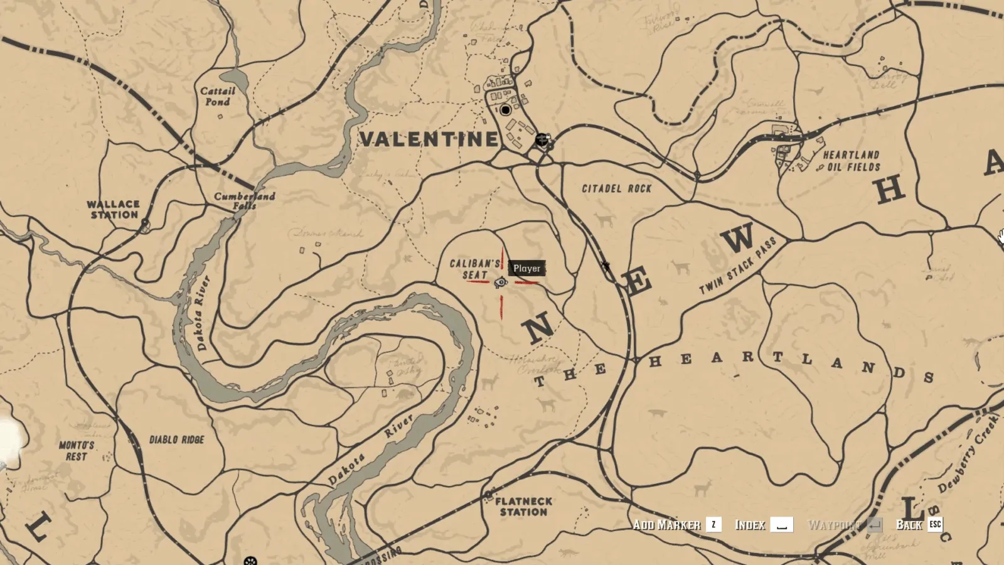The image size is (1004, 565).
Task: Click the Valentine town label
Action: pos(429,139)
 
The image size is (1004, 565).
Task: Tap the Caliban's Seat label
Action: pos(475,269)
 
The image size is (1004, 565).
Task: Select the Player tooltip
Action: pos(526,268)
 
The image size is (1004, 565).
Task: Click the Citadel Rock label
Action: pos(616,188)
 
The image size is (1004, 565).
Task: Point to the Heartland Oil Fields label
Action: pos(852,161)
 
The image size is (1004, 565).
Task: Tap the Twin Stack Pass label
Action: pos(738,266)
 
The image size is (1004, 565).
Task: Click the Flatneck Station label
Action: pos(523,507)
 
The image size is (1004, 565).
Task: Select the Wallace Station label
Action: pos(113,210)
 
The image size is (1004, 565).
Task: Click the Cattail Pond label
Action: pos(218,96)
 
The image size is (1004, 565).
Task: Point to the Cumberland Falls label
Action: pos(244,200)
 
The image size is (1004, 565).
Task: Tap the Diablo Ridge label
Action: pos(176,439)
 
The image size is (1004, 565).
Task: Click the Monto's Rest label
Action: pos(77,451)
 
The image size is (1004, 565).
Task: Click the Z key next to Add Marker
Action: pos(713,525)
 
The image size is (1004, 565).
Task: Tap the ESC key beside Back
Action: pos(935,524)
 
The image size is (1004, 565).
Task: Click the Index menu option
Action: pos(750,525)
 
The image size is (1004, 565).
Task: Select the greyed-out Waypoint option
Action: pos(833,525)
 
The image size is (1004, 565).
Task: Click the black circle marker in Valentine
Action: pos(506,110)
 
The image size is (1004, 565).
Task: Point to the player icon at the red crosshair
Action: pos(501,282)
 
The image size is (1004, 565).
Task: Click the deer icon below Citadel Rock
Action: pos(604,220)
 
